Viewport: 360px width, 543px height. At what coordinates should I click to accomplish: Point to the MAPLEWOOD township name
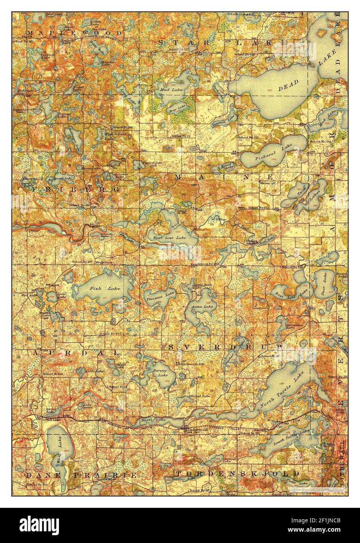[x=74, y=33]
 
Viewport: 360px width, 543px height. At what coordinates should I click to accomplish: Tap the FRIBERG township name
[x=76, y=189]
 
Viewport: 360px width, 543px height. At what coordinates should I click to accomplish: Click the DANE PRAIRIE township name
[x=81, y=475]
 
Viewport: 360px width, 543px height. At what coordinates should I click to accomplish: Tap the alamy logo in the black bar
[x=40, y=524]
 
